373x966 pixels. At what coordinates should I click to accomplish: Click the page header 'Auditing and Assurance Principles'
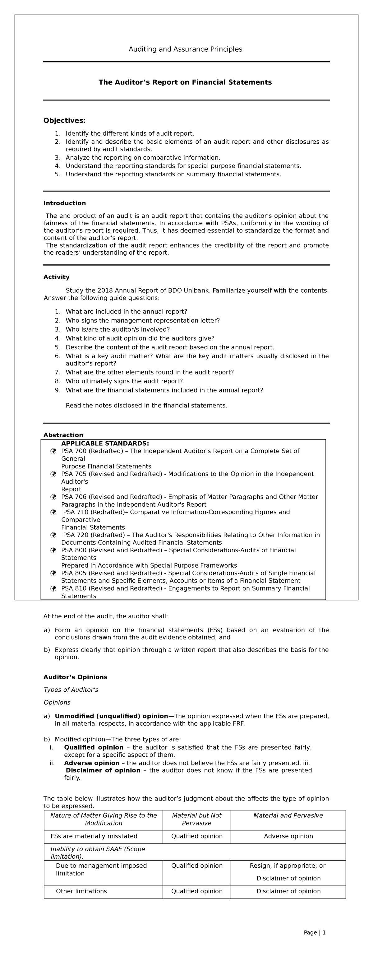[x=185, y=49]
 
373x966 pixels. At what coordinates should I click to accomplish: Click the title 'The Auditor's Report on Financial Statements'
[x=185, y=82]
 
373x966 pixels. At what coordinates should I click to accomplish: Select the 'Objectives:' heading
[x=64, y=120]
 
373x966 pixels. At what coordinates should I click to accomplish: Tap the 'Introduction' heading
[x=64, y=203]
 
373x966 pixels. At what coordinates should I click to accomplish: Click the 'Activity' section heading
[x=56, y=277]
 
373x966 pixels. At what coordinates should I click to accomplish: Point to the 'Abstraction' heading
[x=63, y=435]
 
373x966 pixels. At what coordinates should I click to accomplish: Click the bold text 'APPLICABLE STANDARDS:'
[x=105, y=443]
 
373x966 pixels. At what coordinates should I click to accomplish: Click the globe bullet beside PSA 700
[x=53, y=451]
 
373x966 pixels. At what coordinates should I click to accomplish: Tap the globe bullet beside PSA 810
[x=53, y=588]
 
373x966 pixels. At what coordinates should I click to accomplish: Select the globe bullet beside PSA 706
[x=53, y=497]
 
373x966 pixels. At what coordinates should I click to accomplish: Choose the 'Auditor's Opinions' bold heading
[x=75, y=677]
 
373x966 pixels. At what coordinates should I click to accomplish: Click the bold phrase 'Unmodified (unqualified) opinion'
[x=111, y=716]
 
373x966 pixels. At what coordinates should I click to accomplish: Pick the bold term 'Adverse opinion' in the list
[x=92, y=763]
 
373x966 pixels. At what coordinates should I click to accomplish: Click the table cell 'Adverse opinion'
[x=288, y=836]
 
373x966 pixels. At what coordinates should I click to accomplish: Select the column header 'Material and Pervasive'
[x=288, y=815]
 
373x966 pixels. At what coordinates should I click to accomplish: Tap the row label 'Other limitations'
[x=81, y=891]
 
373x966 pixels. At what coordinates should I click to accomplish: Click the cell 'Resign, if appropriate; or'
[x=288, y=866]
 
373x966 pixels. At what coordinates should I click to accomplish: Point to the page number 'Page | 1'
[x=315, y=932]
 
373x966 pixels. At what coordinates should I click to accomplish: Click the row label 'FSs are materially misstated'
[x=94, y=836]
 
